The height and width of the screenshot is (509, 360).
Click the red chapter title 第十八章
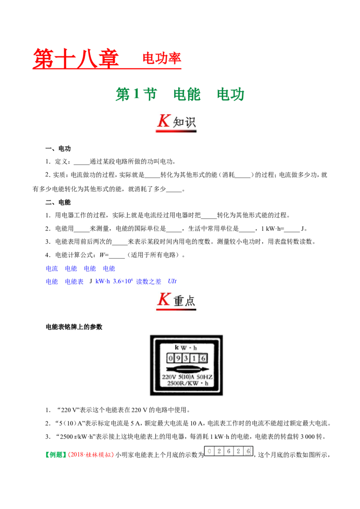pyautogui.click(x=76, y=58)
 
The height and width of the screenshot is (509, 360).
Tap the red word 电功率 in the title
pyautogui.click(x=162, y=58)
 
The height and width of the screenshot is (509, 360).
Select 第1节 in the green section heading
pyautogui.click(x=136, y=94)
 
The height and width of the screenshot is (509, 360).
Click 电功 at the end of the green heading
pyautogui.click(x=230, y=94)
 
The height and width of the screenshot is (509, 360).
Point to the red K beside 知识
pyautogui.click(x=163, y=121)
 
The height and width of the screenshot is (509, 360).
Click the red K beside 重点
pyautogui.click(x=164, y=299)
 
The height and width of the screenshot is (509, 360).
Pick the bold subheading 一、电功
pyautogui.click(x=58, y=149)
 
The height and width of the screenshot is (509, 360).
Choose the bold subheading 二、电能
pyautogui.click(x=58, y=202)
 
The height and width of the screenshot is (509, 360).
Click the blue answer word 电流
pyautogui.click(x=52, y=268)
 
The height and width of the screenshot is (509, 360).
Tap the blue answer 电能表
pyautogui.click(x=74, y=281)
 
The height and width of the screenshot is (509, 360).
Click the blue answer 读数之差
pyautogui.click(x=148, y=281)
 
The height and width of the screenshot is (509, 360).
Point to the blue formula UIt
pyautogui.click(x=172, y=281)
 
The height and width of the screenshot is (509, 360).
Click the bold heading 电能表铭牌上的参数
pyautogui.click(x=74, y=327)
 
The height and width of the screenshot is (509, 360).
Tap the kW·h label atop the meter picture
pyautogui.click(x=186, y=348)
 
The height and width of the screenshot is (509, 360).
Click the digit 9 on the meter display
pyautogui.click(x=178, y=358)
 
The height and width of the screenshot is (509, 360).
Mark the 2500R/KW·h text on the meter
pyautogui.click(x=188, y=384)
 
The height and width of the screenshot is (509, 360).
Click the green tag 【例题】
pyautogui.click(x=56, y=455)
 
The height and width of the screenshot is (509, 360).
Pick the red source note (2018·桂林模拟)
pyautogui.click(x=91, y=455)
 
